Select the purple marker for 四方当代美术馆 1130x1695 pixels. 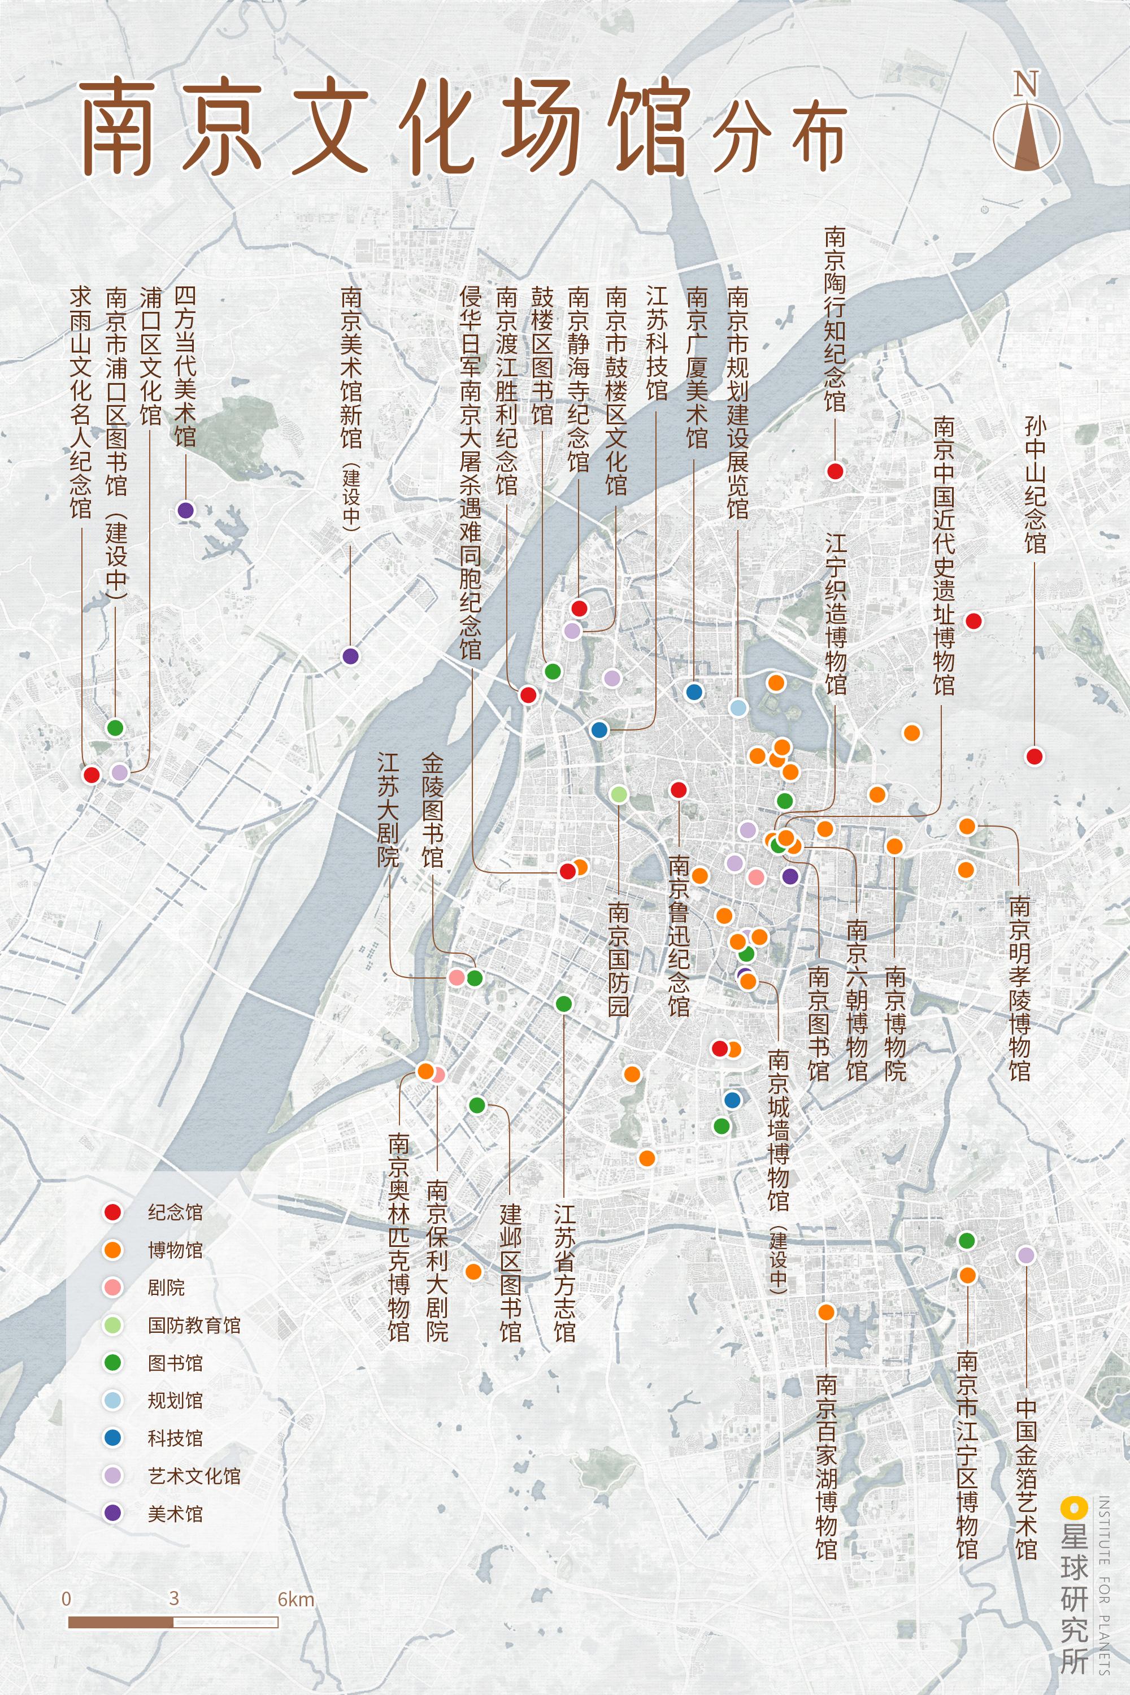(186, 510)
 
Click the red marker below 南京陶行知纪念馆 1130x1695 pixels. (835, 471)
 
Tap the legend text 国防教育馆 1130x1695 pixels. (194, 1325)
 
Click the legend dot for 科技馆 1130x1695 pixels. (112, 1438)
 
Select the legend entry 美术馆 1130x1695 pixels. (175, 1514)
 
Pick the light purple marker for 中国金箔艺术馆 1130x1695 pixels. (1025, 1255)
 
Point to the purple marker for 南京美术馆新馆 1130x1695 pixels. (350, 656)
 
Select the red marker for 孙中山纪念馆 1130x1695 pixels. (1034, 756)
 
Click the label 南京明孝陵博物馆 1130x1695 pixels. (1019, 987)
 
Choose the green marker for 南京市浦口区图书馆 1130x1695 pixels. (115, 728)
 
